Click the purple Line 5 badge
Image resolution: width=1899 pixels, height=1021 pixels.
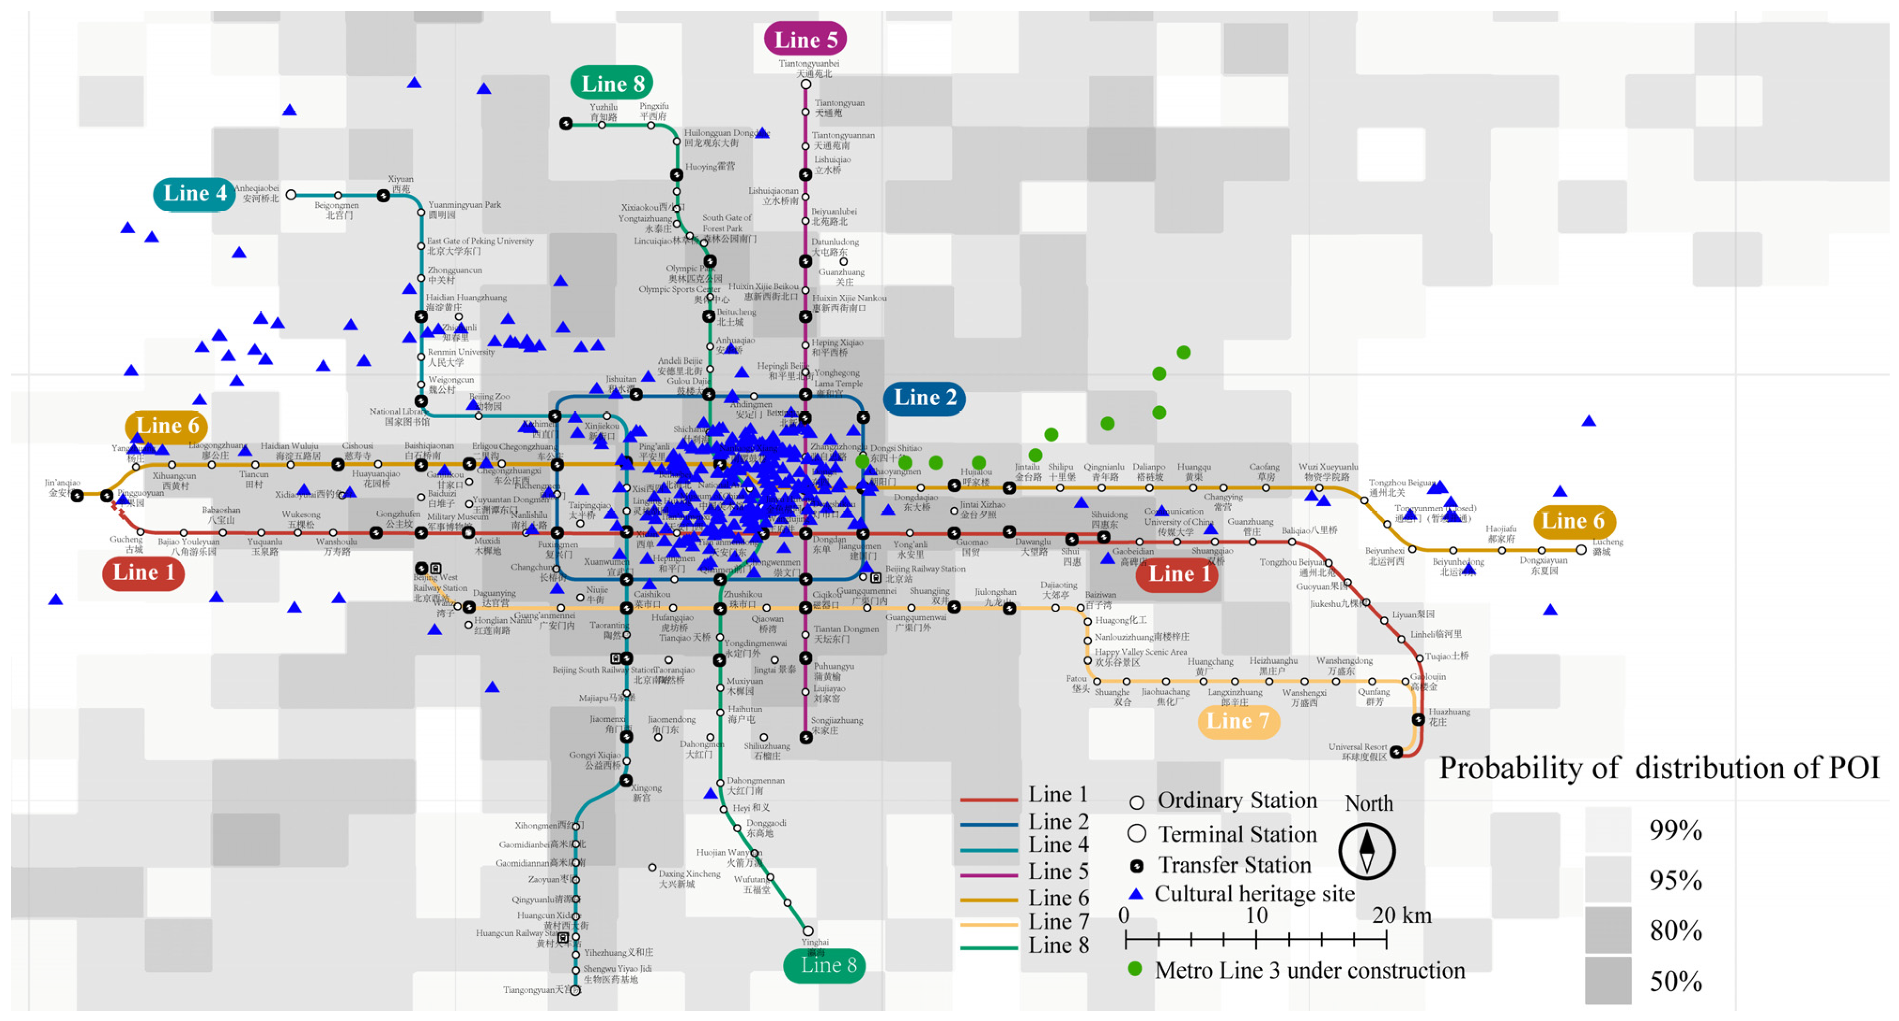click(x=805, y=40)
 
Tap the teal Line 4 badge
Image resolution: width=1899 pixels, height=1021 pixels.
click(x=194, y=194)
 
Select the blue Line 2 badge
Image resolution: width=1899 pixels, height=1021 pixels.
click(x=925, y=398)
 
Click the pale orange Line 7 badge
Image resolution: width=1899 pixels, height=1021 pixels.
click(x=1238, y=721)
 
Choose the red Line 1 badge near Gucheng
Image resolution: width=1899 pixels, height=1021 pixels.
click(x=143, y=573)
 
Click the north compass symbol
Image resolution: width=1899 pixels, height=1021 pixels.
click(x=1367, y=852)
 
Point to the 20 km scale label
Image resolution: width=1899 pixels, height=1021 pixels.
click(x=1401, y=915)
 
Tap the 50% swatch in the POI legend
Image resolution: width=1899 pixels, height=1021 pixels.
click(x=1608, y=981)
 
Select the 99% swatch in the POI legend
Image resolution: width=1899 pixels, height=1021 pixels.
click(x=1608, y=830)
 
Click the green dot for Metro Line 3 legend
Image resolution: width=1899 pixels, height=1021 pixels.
click(x=1135, y=969)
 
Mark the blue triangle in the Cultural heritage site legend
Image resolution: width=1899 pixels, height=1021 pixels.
click(x=1136, y=894)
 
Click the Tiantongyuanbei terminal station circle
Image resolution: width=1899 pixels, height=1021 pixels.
click(x=806, y=84)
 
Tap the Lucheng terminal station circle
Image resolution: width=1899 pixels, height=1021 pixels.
click(x=1581, y=550)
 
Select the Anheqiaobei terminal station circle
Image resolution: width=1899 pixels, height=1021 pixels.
click(x=291, y=195)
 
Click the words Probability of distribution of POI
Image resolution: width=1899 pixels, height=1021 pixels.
click(x=1659, y=768)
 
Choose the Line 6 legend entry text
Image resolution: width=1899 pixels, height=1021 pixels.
click(x=1058, y=898)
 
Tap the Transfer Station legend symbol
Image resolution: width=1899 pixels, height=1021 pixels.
click(x=1137, y=866)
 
